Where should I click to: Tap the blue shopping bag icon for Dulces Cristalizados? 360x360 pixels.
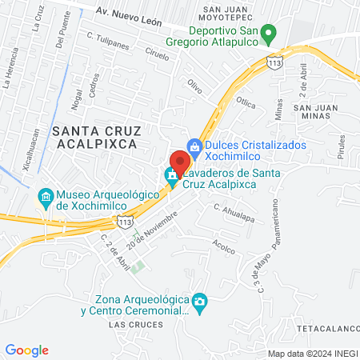(194, 146)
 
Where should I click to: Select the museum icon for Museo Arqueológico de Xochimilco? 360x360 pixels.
(45, 195)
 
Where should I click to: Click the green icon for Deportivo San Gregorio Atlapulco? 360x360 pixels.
(270, 34)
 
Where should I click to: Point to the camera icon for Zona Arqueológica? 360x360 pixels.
(200, 301)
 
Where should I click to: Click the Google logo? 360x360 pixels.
(27, 350)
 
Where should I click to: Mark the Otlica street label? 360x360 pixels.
(246, 102)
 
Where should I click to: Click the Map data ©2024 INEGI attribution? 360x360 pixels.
(313, 353)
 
